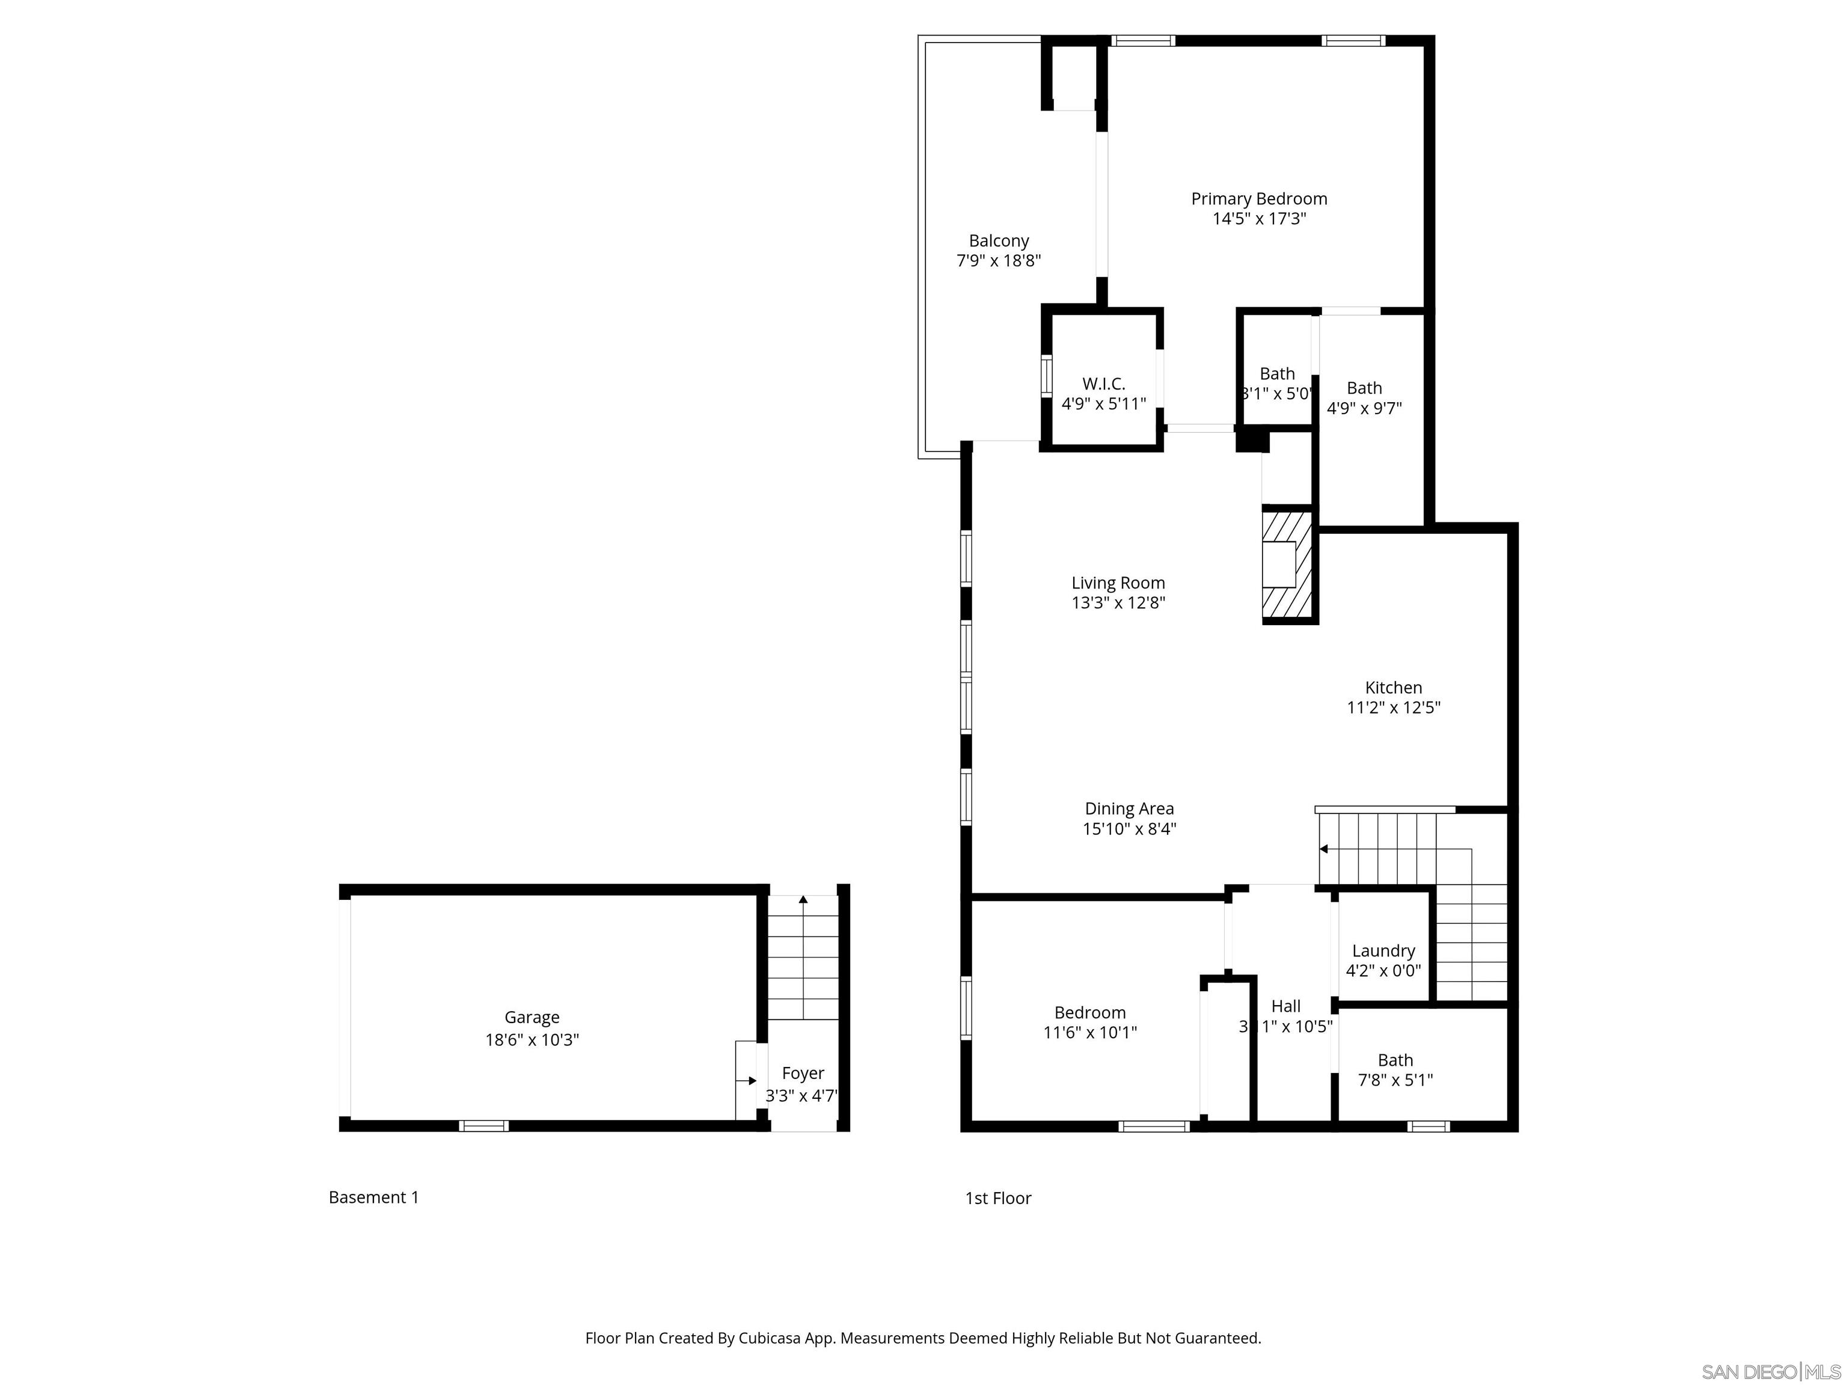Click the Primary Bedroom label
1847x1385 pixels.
tap(1258, 199)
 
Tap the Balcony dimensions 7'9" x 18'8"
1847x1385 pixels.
tap(998, 260)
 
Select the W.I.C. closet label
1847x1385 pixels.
tap(1103, 384)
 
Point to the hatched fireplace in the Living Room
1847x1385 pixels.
tap(1286, 564)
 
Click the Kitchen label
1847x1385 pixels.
tap(1392, 688)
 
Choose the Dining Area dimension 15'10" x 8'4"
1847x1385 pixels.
tap(1129, 829)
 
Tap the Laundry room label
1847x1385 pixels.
tap(1383, 951)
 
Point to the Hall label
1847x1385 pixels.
tap(1286, 1007)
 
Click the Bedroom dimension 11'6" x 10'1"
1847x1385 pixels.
tap(1089, 1033)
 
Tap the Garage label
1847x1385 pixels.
tap(532, 1018)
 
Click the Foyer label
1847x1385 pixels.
tap(803, 1074)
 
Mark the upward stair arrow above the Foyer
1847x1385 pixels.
tap(803, 900)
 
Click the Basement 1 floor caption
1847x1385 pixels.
tap(373, 1197)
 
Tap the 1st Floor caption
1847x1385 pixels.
tap(998, 1198)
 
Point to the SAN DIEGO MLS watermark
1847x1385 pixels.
tap(1770, 1372)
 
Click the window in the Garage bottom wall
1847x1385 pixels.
tap(483, 1126)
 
